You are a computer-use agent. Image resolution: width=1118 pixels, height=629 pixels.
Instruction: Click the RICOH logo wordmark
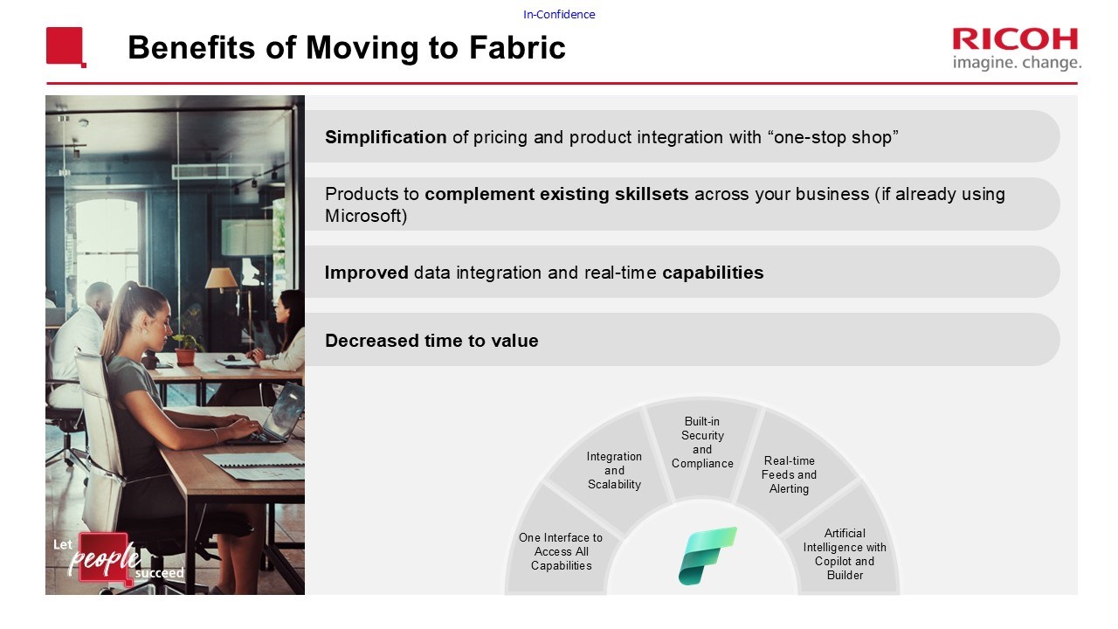(1015, 39)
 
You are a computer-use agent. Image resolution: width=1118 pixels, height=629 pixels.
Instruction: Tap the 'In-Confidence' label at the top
(559, 15)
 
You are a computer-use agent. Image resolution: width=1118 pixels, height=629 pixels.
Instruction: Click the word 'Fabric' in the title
(517, 47)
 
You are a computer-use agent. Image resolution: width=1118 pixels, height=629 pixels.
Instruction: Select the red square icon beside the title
(66, 47)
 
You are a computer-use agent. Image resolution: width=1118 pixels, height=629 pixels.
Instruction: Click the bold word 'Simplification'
(386, 137)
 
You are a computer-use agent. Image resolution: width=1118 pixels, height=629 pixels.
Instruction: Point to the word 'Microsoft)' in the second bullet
(366, 216)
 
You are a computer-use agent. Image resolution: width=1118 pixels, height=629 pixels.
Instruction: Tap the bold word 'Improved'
(366, 273)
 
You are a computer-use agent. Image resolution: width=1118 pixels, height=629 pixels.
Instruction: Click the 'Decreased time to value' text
(431, 341)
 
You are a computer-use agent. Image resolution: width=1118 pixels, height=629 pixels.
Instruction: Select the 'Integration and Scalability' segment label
(614, 470)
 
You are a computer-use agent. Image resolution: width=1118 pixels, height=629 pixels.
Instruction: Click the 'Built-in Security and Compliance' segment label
(702, 442)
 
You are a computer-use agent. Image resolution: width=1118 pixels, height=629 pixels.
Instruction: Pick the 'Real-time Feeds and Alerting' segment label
(789, 474)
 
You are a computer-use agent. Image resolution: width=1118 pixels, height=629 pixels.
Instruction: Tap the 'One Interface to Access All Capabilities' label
(561, 551)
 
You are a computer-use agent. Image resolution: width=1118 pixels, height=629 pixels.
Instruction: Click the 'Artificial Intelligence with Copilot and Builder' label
(845, 554)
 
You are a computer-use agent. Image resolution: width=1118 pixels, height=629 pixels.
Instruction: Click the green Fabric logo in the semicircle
(707, 555)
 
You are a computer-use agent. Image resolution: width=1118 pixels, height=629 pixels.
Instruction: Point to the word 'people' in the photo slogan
(103, 558)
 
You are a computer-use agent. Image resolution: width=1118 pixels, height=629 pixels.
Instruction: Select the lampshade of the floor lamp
(221, 279)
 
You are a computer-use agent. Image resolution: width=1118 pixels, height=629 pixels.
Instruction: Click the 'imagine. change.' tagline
(1017, 64)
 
